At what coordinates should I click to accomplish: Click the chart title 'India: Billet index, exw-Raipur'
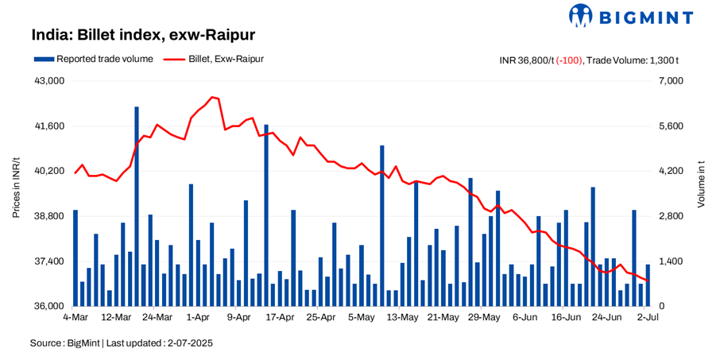(143, 35)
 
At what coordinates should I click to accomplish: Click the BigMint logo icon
(582, 16)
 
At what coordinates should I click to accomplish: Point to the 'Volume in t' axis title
(702, 194)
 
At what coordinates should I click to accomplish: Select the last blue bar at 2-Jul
(648, 285)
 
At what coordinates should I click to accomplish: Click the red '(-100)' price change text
(568, 60)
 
